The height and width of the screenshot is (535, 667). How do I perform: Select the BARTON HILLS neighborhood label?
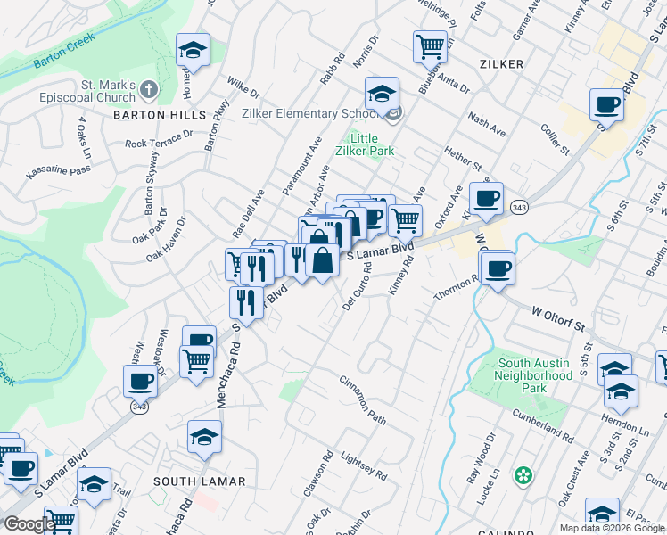point(152,115)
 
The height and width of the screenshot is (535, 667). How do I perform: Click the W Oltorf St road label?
point(563,314)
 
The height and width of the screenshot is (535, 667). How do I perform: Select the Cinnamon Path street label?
point(363,399)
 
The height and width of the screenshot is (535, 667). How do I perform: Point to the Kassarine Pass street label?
point(59,169)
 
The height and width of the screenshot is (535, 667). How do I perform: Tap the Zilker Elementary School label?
point(309,113)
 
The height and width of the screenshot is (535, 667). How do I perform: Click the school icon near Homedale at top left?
point(192,51)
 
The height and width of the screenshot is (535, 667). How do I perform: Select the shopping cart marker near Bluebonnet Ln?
point(430,45)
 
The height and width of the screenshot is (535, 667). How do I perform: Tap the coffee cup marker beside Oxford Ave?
point(486,199)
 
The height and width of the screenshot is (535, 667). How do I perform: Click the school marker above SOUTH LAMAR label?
point(204,437)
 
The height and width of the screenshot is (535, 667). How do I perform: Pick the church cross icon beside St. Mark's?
point(148,90)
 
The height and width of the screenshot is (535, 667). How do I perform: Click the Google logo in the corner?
point(29,524)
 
